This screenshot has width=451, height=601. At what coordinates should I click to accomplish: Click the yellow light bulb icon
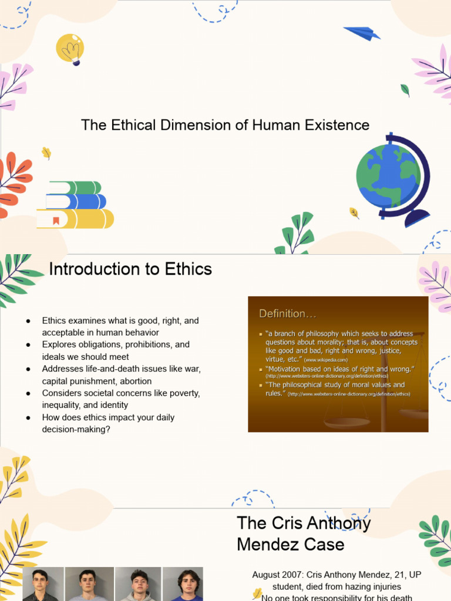(70, 48)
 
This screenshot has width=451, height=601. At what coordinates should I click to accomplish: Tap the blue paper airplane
(362, 33)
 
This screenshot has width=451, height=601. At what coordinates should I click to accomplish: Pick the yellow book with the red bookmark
(75, 219)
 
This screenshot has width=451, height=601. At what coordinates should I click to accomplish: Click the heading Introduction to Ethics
(130, 269)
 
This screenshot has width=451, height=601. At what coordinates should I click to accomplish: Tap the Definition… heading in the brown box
(283, 313)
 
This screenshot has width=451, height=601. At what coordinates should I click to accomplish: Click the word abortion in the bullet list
(136, 381)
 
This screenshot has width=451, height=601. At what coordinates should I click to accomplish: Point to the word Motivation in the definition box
(290, 369)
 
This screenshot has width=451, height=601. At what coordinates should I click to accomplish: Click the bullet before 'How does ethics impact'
(28, 417)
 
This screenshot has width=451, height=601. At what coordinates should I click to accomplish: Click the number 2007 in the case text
(291, 574)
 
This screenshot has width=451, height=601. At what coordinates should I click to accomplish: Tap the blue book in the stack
(76, 202)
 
